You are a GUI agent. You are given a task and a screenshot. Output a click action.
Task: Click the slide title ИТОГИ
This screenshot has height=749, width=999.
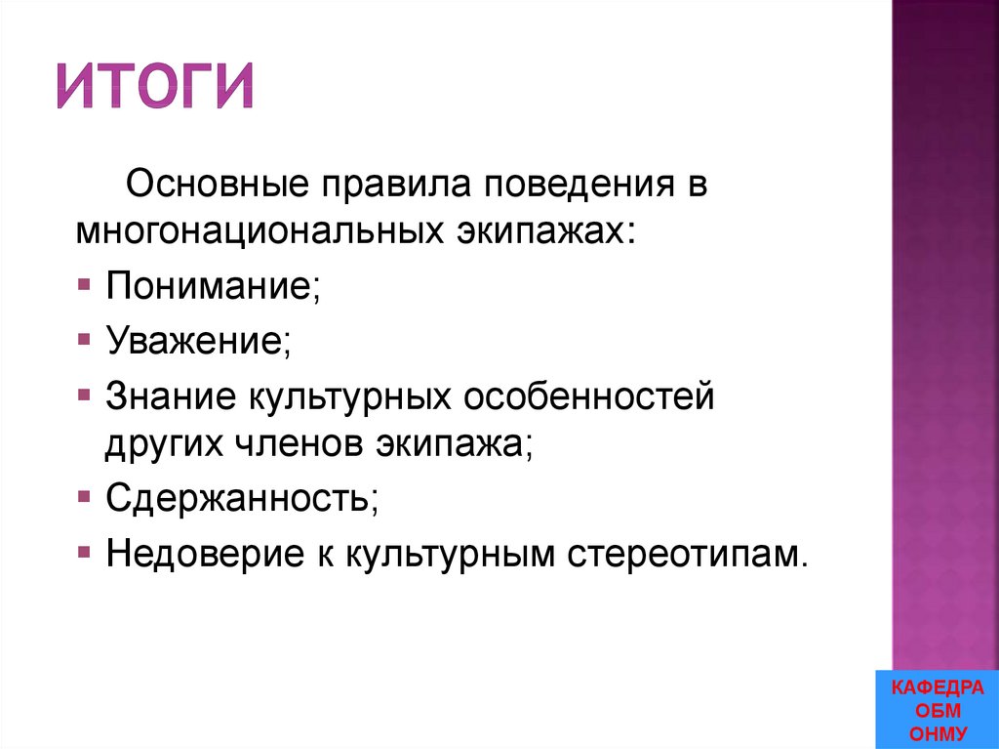pos(155,85)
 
